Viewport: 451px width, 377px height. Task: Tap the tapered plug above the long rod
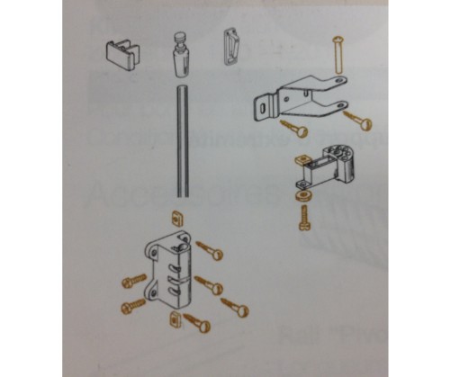(180, 59)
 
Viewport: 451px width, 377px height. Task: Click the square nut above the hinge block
(176, 219)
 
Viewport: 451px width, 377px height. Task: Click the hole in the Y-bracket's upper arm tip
(339, 80)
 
